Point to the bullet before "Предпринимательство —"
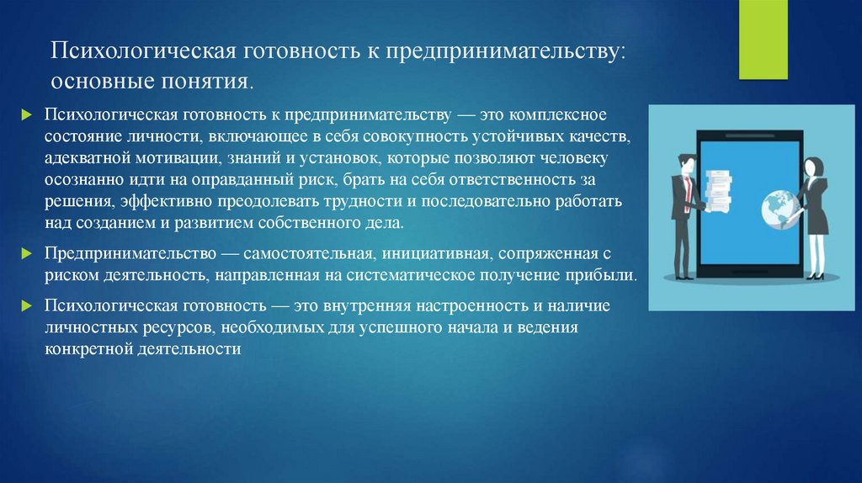(27, 253)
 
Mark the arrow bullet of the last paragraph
(27, 306)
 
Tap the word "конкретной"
(86, 349)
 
